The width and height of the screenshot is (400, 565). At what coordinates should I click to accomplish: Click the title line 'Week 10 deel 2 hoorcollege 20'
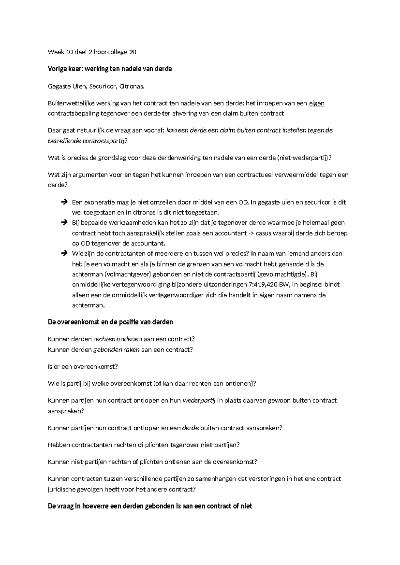[92, 52]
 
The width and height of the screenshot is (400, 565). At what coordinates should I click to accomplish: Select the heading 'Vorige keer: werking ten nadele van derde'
[110, 69]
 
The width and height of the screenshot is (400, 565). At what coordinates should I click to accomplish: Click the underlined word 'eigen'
[317, 103]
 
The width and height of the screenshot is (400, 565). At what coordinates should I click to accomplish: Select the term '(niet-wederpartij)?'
[305, 158]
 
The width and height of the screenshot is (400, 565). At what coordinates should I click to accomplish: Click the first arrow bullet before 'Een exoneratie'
[64, 202]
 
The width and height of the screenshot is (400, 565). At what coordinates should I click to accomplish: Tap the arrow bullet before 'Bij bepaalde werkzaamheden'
[64, 223]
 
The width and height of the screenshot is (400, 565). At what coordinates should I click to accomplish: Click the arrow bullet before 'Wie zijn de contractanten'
[64, 254]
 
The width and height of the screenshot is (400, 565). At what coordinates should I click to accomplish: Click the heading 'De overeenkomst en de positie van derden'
[110, 322]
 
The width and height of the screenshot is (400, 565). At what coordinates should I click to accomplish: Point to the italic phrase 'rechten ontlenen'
[118, 339]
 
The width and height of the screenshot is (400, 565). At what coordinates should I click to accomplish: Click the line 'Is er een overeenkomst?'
[83, 367]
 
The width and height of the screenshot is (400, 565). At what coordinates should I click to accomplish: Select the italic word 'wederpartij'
[199, 400]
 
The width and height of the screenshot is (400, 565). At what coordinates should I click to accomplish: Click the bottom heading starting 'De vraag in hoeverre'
[150, 506]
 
